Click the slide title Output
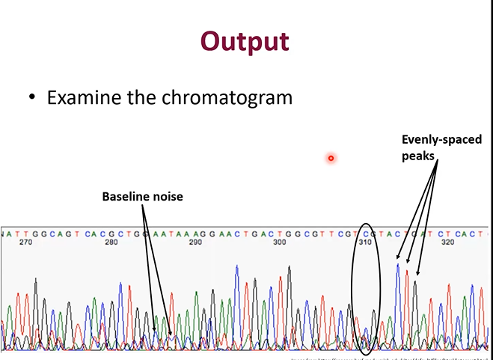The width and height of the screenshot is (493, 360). (245, 41)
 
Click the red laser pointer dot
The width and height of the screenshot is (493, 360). (330, 157)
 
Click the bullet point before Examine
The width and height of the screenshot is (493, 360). (32, 99)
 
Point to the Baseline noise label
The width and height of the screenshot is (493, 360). (142, 196)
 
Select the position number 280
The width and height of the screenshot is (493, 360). (111, 242)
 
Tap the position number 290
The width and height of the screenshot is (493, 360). (196, 242)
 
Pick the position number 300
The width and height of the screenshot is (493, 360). (280, 242)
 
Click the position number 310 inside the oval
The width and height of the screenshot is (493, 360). (365, 242)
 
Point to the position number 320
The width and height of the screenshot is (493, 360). (449, 242)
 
